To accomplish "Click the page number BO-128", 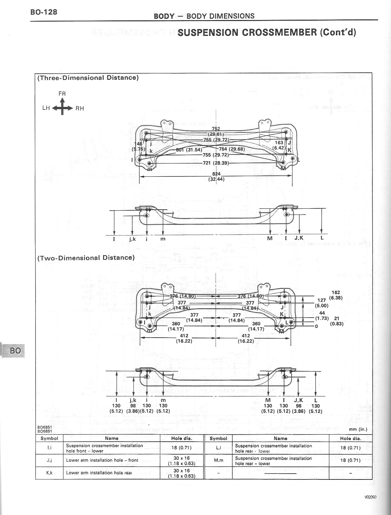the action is (x=44, y=12).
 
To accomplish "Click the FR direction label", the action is (x=62, y=94).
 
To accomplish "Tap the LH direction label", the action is (x=46, y=108).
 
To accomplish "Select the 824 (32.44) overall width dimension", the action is (x=216, y=176).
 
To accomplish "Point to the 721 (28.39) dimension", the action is (x=216, y=163).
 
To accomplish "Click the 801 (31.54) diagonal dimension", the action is (x=189, y=150).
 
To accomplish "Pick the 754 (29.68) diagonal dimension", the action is (x=232, y=149).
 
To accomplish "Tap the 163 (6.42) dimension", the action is (x=279, y=145).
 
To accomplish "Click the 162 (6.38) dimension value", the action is (x=336, y=295).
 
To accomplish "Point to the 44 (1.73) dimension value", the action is (x=322, y=316).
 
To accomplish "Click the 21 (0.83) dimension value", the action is (x=336, y=321).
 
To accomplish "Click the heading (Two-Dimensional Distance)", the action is (x=86, y=258).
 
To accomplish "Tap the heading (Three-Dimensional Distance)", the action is (x=88, y=78).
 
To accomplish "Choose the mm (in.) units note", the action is (x=358, y=429).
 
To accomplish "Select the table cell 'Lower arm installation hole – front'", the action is (x=102, y=460).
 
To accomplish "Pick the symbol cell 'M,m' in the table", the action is (x=218, y=460).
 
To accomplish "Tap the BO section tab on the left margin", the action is (x=15, y=350).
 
